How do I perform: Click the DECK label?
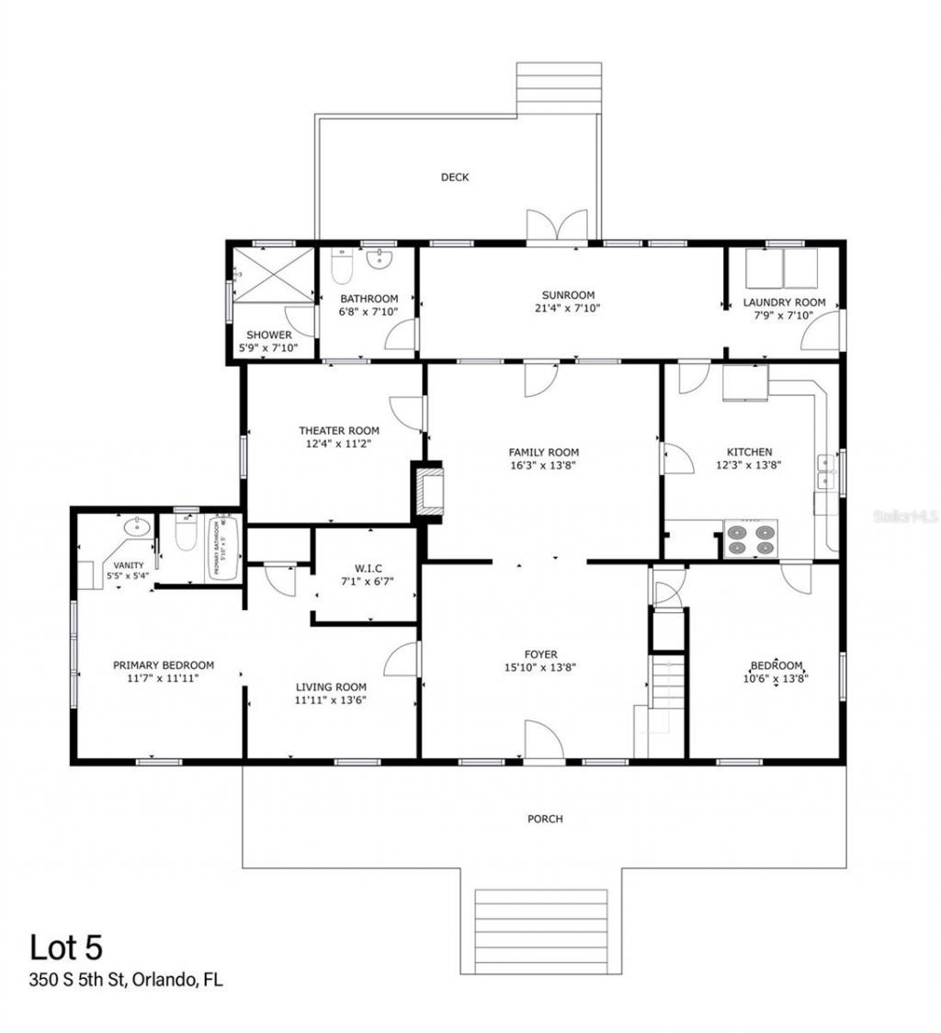(x=455, y=177)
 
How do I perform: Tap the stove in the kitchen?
(x=750, y=539)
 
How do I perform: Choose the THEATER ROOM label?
(x=338, y=430)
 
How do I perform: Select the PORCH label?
(x=545, y=819)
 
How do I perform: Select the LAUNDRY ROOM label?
(x=784, y=302)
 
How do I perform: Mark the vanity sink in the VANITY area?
(x=137, y=528)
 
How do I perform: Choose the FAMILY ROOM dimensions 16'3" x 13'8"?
(x=544, y=465)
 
